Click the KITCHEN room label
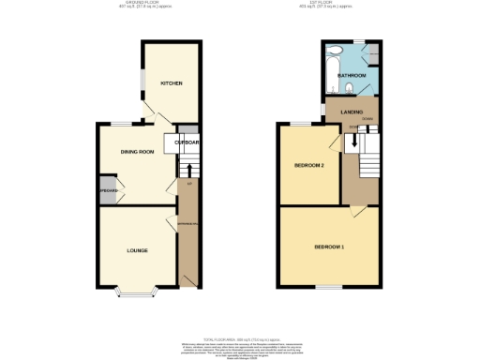click(x=171, y=83)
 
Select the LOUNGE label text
click(x=138, y=250)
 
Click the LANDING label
click(x=352, y=112)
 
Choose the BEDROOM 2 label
click(x=309, y=166)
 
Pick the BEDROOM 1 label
click(x=329, y=247)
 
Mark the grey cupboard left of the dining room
click(x=108, y=195)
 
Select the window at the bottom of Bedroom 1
click(x=329, y=286)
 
